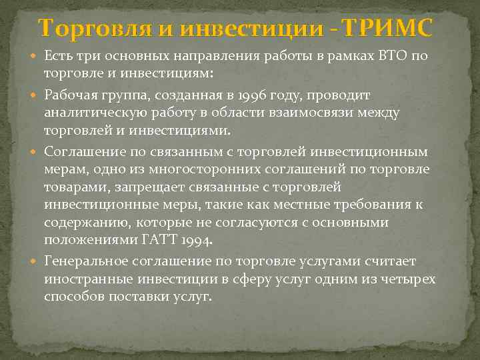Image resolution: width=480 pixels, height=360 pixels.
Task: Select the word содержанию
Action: pos(83,222)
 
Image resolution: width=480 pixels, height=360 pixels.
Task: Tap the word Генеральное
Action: pos(87,260)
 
